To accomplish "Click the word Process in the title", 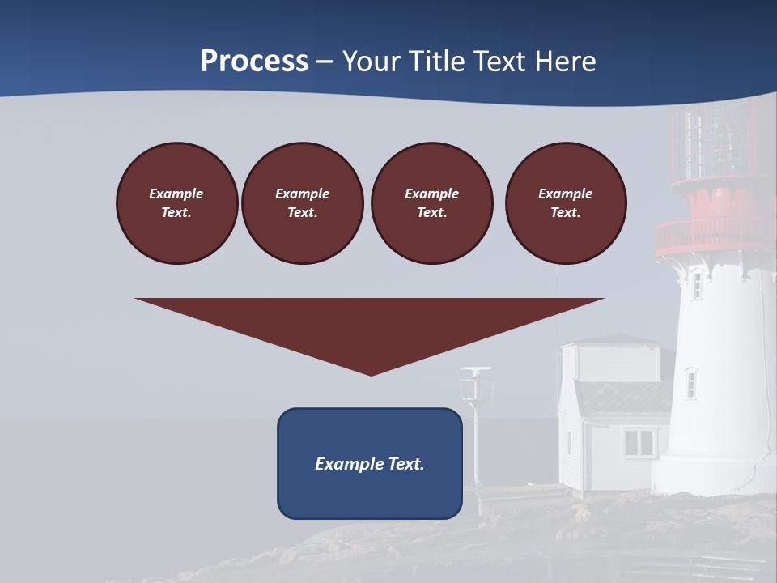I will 254,62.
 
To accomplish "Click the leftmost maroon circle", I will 176,203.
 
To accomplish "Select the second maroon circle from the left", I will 302,203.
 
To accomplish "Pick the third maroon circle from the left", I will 431,203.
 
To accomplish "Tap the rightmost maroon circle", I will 566,203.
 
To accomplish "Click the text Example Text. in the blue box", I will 370,464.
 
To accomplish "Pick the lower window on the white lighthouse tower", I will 690,383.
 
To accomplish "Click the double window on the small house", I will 639,442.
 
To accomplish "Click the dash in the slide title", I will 325,62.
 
